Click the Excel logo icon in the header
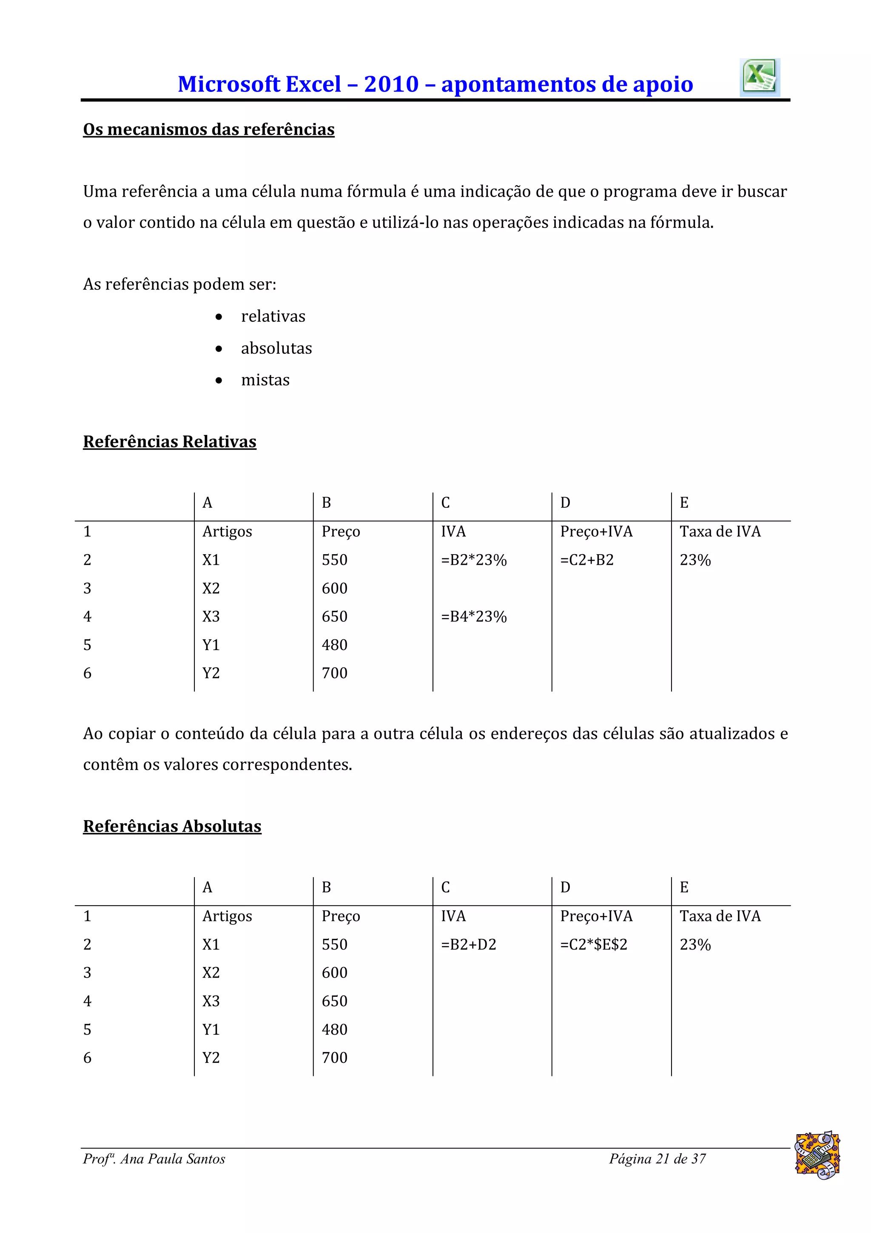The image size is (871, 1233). point(760,78)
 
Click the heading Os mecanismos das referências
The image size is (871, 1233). point(208,129)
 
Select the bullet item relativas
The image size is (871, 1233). point(273,316)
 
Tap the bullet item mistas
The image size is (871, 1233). point(265,380)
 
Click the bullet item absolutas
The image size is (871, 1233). point(276,349)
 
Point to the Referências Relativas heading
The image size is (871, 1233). point(170,441)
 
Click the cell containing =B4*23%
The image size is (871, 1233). point(473,616)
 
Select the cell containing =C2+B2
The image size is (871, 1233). point(586,560)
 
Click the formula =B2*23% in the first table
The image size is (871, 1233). point(473,560)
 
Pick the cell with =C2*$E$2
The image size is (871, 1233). point(594,944)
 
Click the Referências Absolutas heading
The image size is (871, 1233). point(172,826)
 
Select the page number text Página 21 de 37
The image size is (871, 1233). point(657,1159)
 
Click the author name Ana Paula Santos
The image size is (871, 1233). point(172,1159)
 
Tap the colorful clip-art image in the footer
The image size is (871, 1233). point(817,1155)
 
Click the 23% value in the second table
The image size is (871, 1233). point(695,944)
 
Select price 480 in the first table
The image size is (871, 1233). point(334,645)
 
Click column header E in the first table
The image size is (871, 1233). point(684,503)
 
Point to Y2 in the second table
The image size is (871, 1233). point(211,1058)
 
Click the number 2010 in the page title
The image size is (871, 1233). point(391,84)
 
